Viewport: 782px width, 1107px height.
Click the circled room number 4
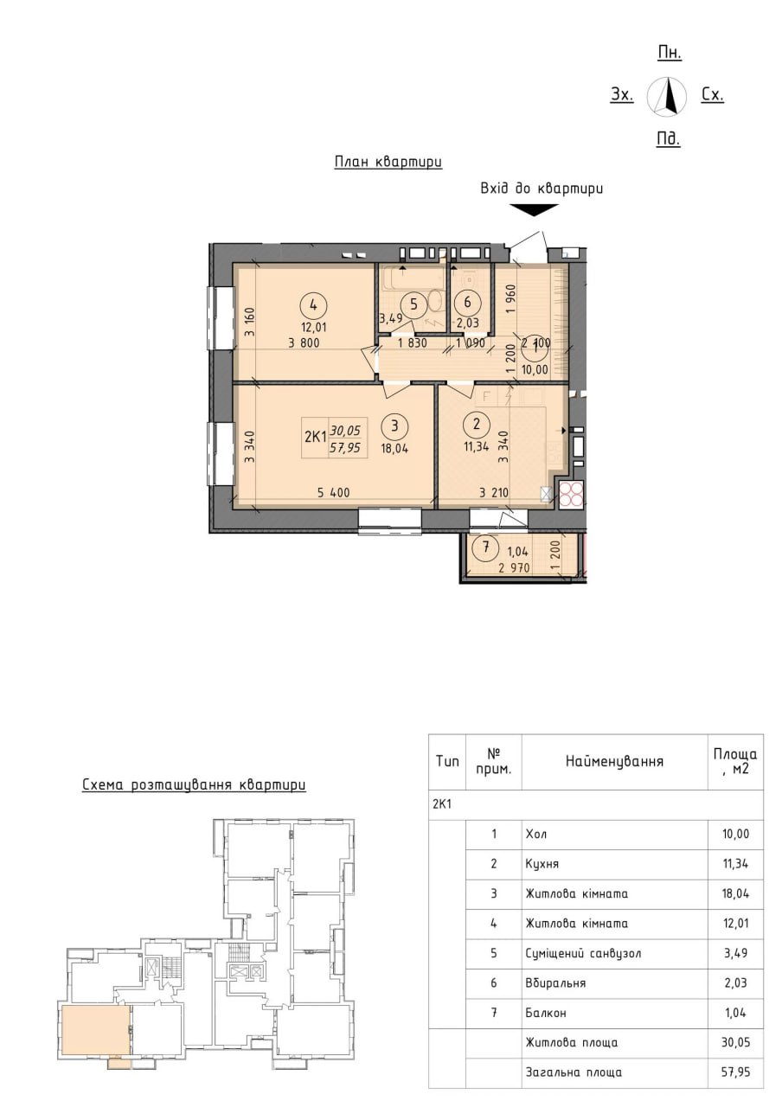tap(313, 305)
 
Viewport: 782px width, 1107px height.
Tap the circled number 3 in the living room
tap(394, 426)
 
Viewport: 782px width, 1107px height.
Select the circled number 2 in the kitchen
tap(476, 424)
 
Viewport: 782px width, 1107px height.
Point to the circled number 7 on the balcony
tap(486, 547)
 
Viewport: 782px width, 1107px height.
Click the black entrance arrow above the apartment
tap(533, 210)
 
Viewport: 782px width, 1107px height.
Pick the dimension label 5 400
tap(333, 492)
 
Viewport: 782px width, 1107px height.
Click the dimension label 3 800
tap(304, 342)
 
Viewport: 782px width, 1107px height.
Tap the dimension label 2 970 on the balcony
tap(514, 568)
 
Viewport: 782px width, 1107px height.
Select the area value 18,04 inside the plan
tap(394, 449)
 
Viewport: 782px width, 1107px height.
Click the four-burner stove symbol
tap(572, 494)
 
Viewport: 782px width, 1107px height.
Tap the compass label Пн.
tap(670, 53)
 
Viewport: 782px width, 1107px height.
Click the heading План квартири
tap(388, 162)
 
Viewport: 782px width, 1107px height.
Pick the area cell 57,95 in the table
tap(736, 1072)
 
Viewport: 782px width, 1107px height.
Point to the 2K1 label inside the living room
tap(315, 437)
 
